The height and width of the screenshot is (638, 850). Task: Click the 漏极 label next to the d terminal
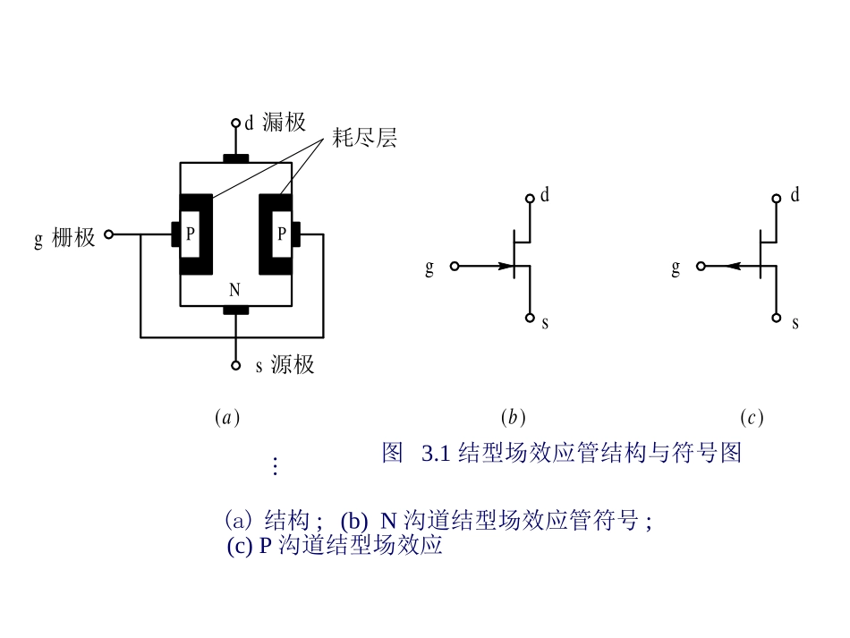(x=284, y=123)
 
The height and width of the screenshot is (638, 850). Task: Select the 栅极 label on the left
(x=72, y=238)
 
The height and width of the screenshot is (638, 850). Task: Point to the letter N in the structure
(x=234, y=290)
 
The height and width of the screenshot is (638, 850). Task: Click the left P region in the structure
(x=190, y=234)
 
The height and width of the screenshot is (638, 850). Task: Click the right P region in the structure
(x=281, y=234)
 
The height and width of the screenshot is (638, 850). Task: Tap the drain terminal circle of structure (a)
(x=235, y=123)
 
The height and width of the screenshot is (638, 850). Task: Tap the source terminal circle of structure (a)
(x=235, y=365)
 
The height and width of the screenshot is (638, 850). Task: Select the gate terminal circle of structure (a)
(x=108, y=234)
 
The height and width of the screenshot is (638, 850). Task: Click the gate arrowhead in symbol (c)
(x=731, y=266)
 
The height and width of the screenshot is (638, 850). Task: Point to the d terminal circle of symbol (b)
(x=531, y=199)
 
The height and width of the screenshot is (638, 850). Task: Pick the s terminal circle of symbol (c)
(x=777, y=318)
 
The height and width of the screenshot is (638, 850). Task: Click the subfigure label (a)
(x=227, y=417)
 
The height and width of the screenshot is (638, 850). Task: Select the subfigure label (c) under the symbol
(x=752, y=417)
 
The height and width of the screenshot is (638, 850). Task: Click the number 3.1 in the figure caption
(x=434, y=453)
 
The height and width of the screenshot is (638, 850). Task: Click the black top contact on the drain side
(x=235, y=158)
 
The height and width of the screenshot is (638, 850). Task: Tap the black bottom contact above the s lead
(x=235, y=310)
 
